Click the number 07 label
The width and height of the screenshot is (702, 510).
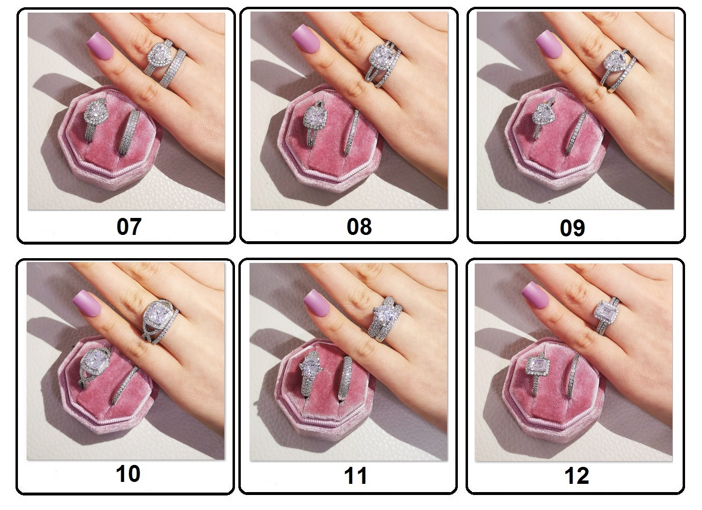pos(129,227)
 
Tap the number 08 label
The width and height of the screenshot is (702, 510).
pos(359,227)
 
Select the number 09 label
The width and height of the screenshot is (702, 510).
pos(572,228)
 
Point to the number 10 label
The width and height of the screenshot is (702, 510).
pos(128,474)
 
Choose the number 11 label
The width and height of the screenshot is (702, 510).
pos(356,476)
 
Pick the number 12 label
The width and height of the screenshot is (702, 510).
pos(577,476)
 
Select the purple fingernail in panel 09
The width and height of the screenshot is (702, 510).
pos(549,44)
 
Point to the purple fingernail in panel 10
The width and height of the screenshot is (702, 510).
pos(87,303)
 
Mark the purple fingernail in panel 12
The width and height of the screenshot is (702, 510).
pos(535,295)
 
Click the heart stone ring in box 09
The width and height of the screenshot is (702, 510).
pos(542,119)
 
